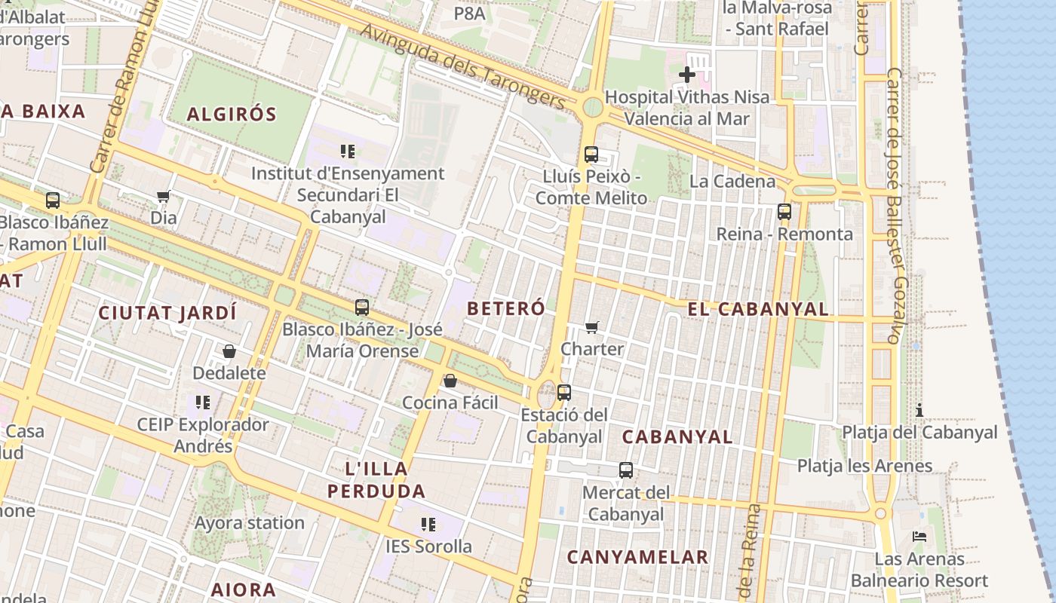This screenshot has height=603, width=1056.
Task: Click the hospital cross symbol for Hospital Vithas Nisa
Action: [687, 75]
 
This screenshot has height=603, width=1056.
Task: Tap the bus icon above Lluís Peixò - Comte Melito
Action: [591, 155]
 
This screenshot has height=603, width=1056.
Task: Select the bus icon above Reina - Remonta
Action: [784, 212]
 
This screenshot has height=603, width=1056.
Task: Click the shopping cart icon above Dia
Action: [163, 197]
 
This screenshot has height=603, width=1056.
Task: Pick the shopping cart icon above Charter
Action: [592, 327]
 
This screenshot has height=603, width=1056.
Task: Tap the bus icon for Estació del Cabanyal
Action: [563, 393]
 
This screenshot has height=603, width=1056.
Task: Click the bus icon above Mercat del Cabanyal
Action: [626, 470]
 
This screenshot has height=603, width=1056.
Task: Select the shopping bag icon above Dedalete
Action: [229, 351]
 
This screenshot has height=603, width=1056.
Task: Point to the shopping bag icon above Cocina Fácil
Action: [450, 381]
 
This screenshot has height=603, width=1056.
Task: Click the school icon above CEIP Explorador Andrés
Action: [202, 403]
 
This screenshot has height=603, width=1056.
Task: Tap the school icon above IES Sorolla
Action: [428, 524]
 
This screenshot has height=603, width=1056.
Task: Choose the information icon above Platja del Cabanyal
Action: [919, 410]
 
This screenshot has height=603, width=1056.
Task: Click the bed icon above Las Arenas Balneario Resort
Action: [919, 537]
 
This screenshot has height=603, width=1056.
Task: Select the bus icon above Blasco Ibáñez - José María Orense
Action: [362, 308]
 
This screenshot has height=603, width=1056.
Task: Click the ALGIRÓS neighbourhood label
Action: [232, 115]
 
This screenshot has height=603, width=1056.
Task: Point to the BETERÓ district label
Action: [505, 308]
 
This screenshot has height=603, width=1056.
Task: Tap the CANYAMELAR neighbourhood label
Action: [637, 557]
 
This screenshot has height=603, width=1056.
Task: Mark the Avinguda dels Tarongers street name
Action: [462, 66]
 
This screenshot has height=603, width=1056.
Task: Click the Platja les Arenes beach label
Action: [865, 466]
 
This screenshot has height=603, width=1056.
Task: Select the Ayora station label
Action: [250, 522]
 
